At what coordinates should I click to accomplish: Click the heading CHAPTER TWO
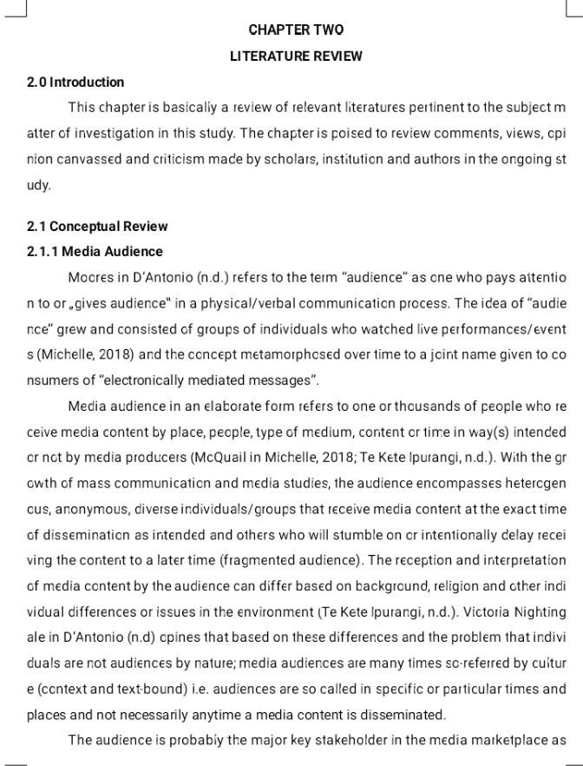point(296,30)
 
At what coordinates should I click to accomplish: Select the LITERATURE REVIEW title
point(296,56)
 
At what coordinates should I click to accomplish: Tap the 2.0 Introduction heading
point(75,83)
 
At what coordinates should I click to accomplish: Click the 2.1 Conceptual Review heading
point(96,227)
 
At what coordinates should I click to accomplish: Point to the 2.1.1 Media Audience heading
point(95,252)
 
